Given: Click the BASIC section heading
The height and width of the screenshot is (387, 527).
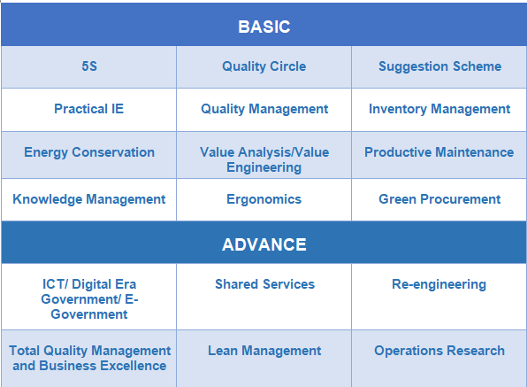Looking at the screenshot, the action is tap(263, 27).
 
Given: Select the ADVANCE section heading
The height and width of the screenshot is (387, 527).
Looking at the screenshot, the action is tap(263, 244).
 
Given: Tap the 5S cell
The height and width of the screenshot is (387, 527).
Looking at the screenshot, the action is tap(89, 66).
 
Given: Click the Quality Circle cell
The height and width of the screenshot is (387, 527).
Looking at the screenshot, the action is tap(263, 66).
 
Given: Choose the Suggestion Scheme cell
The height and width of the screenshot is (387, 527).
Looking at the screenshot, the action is tap(439, 66).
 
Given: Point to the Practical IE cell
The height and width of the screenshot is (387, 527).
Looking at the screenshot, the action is tap(89, 109).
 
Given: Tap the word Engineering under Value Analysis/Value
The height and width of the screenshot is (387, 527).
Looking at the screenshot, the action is tap(263, 167).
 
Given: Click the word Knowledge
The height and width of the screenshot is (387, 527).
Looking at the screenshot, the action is tap(47, 199).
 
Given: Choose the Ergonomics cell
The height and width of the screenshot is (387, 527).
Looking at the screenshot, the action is tap(263, 199).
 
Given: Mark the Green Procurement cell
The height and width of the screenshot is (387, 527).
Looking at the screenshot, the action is tap(439, 199).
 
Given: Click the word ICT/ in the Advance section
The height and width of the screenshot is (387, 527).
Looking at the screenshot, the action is tap(56, 284).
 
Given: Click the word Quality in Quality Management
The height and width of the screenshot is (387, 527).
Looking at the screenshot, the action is tap(223, 110).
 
